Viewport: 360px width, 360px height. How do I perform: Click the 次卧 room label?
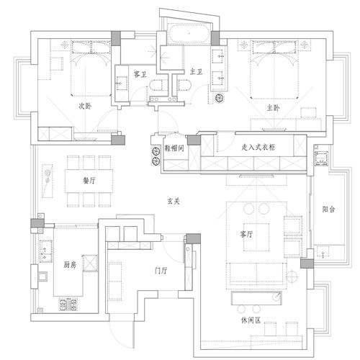pyautogui.click(x=85, y=106)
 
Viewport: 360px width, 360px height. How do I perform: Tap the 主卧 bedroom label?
pyautogui.click(x=273, y=108)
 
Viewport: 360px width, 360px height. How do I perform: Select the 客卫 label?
pyautogui.click(x=140, y=74)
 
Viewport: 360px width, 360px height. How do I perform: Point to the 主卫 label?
pyautogui.click(x=196, y=71)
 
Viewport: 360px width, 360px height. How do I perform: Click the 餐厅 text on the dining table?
pyautogui.click(x=89, y=181)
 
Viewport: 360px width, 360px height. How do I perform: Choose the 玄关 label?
pyautogui.click(x=174, y=201)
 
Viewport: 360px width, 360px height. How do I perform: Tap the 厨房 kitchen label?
pyautogui.click(x=70, y=265)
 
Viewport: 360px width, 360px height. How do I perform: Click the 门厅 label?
pyautogui.click(x=161, y=271)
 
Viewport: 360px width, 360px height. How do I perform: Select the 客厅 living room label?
pyautogui.click(x=246, y=234)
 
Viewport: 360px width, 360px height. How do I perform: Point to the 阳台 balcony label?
pyautogui.click(x=328, y=210)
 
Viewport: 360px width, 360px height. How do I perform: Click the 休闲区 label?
pyautogui.click(x=251, y=320)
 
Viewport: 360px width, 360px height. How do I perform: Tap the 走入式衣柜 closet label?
pyautogui.click(x=258, y=147)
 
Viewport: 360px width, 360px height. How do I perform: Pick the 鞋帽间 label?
pyautogui.click(x=174, y=148)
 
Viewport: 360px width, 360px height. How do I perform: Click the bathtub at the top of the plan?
pyautogui.click(x=189, y=34)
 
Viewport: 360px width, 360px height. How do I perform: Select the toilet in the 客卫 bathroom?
pyautogui.click(x=156, y=86)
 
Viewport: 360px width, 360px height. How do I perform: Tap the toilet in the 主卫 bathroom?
pyautogui.click(x=185, y=85)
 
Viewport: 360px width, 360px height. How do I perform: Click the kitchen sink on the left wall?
pyautogui.click(x=43, y=276)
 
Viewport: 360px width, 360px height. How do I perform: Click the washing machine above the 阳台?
pyautogui.click(x=321, y=158)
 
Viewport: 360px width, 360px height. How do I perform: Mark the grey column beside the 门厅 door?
pyautogui.click(x=194, y=239)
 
